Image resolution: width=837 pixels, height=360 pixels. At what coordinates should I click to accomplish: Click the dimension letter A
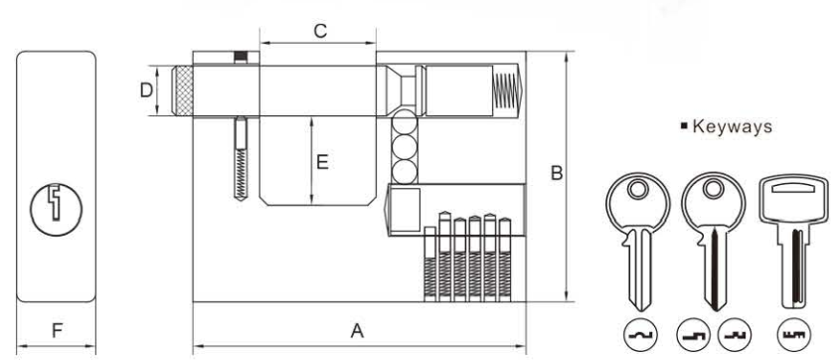coord(357,331)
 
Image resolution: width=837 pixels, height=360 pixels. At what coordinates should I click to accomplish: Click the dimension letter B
coord(557,173)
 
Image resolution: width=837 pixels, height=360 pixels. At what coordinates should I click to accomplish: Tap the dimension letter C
coord(320,32)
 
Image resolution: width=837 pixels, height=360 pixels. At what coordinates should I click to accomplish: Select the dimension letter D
coord(146,90)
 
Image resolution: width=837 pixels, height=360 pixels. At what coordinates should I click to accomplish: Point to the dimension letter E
coord(322,162)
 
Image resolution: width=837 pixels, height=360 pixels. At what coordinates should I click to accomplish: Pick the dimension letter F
coord(57,331)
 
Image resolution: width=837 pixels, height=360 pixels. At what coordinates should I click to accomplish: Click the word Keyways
coord(732,126)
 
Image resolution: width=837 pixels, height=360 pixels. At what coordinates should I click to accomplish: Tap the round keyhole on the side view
coord(56,210)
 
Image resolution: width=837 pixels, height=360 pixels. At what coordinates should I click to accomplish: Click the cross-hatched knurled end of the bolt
coord(184,90)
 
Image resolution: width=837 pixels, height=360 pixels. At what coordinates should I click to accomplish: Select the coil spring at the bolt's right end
coord(505,90)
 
